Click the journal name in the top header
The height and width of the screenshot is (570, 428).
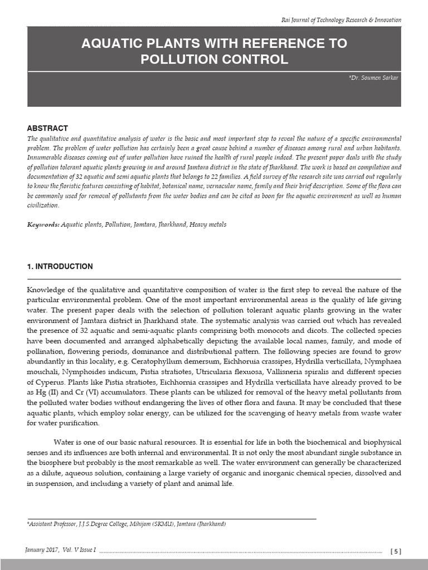pyautogui.click(x=341, y=20)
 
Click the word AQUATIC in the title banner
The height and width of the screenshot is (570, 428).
pyautogui.click(x=113, y=44)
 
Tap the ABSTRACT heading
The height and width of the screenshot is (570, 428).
pyautogui.click(x=47, y=128)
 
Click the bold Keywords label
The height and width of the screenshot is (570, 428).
pyautogui.click(x=43, y=224)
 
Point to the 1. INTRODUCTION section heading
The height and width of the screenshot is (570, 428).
pyautogui.click(x=60, y=267)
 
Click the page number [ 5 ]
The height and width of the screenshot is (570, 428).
pyautogui.click(x=395, y=551)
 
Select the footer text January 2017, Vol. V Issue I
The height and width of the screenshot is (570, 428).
pyautogui.click(x=61, y=550)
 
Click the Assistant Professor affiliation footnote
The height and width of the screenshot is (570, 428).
pyautogui.click(x=127, y=524)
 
